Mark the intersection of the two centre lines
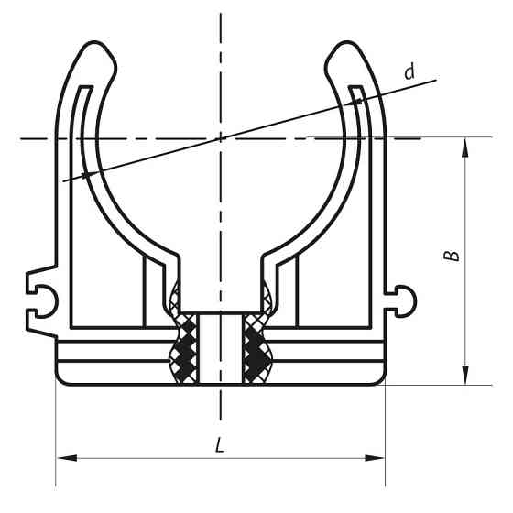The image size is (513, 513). (220, 138)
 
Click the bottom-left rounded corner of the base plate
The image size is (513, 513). (62, 377)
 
